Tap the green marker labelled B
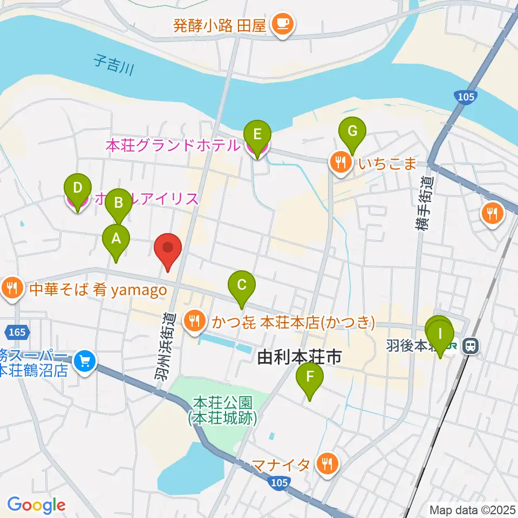(118, 203)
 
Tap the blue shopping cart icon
(85, 360)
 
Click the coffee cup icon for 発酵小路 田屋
(282, 23)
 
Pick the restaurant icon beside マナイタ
(327, 464)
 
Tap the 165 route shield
(18, 330)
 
